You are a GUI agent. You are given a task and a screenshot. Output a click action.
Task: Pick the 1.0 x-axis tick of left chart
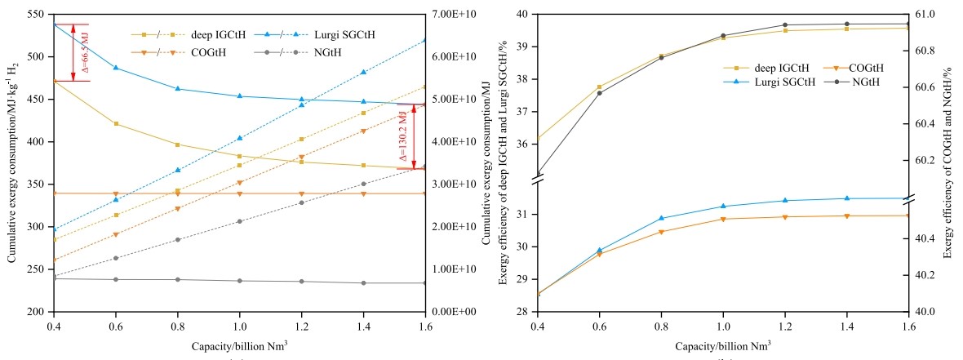tap(239, 325)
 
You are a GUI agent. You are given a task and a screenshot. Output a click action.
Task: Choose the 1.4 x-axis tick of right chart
tap(846, 325)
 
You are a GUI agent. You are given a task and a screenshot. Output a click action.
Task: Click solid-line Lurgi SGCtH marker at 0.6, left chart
tap(116, 68)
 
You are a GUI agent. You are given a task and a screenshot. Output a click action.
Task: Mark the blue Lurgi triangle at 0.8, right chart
tap(661, 218)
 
